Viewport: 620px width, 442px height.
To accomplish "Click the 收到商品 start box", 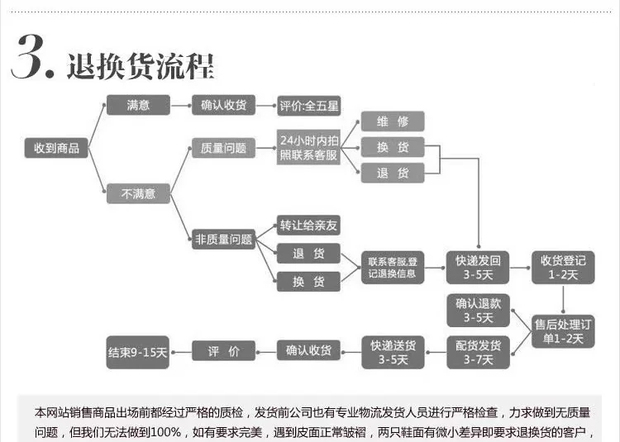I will pyautogui.click(x=56, y=148).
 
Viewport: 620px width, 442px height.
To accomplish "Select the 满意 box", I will pyautogui.click(x=138, y=105).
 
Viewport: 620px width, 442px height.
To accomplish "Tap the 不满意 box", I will pyautogui.click(x=138, y=194).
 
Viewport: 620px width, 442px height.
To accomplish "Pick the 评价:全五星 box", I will pyautogui.click(x=308, y=106).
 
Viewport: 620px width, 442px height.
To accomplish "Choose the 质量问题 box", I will pyautogui.click(x=223, y=149).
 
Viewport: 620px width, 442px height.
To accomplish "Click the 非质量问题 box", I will pyautogui.click(x=223, y=240).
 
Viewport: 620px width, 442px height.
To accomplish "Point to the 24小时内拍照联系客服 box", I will pyautogui.click(x=308, y=148).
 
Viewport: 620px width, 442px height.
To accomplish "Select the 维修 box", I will pyautogui.click(x=393, y=121).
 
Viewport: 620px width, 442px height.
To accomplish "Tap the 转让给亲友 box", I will pyautogui.click(x=308, y=226).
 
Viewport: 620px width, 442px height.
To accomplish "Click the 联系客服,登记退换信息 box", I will pyautogui.click(x=393, y=267).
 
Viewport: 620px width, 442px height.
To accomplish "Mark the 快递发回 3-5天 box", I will pyautogui.click(x=478, y=267).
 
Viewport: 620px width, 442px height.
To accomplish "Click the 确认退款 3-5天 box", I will pyautogui.click(x=478, y=310).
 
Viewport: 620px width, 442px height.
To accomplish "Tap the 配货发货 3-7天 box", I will pyautogui.click(x=478, y=352).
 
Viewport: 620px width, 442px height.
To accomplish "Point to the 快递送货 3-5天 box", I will pyautogui.click(x=393, y=352).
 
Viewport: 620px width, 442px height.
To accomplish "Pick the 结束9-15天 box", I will pyautogui.click(x=138, y=352).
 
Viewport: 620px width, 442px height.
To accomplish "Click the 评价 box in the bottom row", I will pyautogui.click(x=223, y=352).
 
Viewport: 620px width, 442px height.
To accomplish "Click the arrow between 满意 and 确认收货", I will pyautogui.click(x=181, y=106).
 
